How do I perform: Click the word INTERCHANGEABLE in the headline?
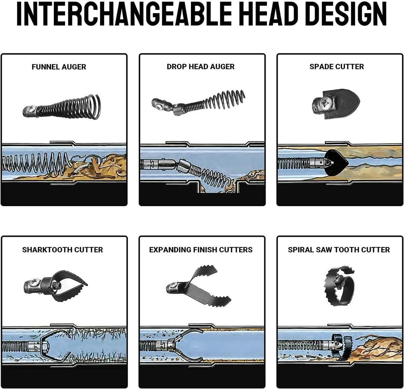(124, 14)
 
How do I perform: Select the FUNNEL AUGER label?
(59, 67)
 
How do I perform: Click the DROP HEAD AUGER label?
(201, 67)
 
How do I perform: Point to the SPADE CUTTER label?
(337, 67)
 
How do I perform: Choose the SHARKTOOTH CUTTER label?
(63, 250)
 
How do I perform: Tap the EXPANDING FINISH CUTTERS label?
(201, 250)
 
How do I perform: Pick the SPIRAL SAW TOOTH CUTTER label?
(339, 250)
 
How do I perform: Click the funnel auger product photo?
(62, 107)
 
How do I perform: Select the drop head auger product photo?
(198, 103)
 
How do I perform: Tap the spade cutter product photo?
(336, 104)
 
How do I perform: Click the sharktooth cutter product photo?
(56, 286)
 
